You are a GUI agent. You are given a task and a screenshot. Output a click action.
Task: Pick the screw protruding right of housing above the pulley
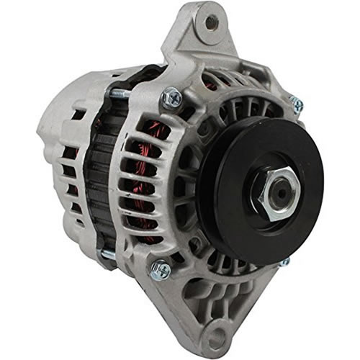coord(297,105)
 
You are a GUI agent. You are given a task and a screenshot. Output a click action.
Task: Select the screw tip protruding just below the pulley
coord(287,263)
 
